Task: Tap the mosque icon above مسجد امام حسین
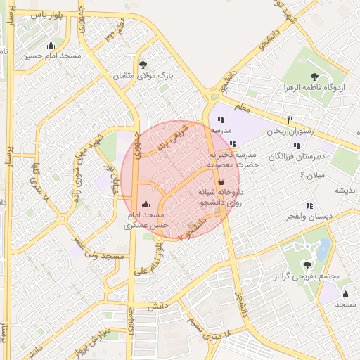coord(50,46)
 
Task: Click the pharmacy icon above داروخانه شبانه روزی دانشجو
coord(221,181)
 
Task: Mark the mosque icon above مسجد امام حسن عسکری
coord(146,205)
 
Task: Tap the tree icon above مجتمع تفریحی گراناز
coord(307,264)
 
